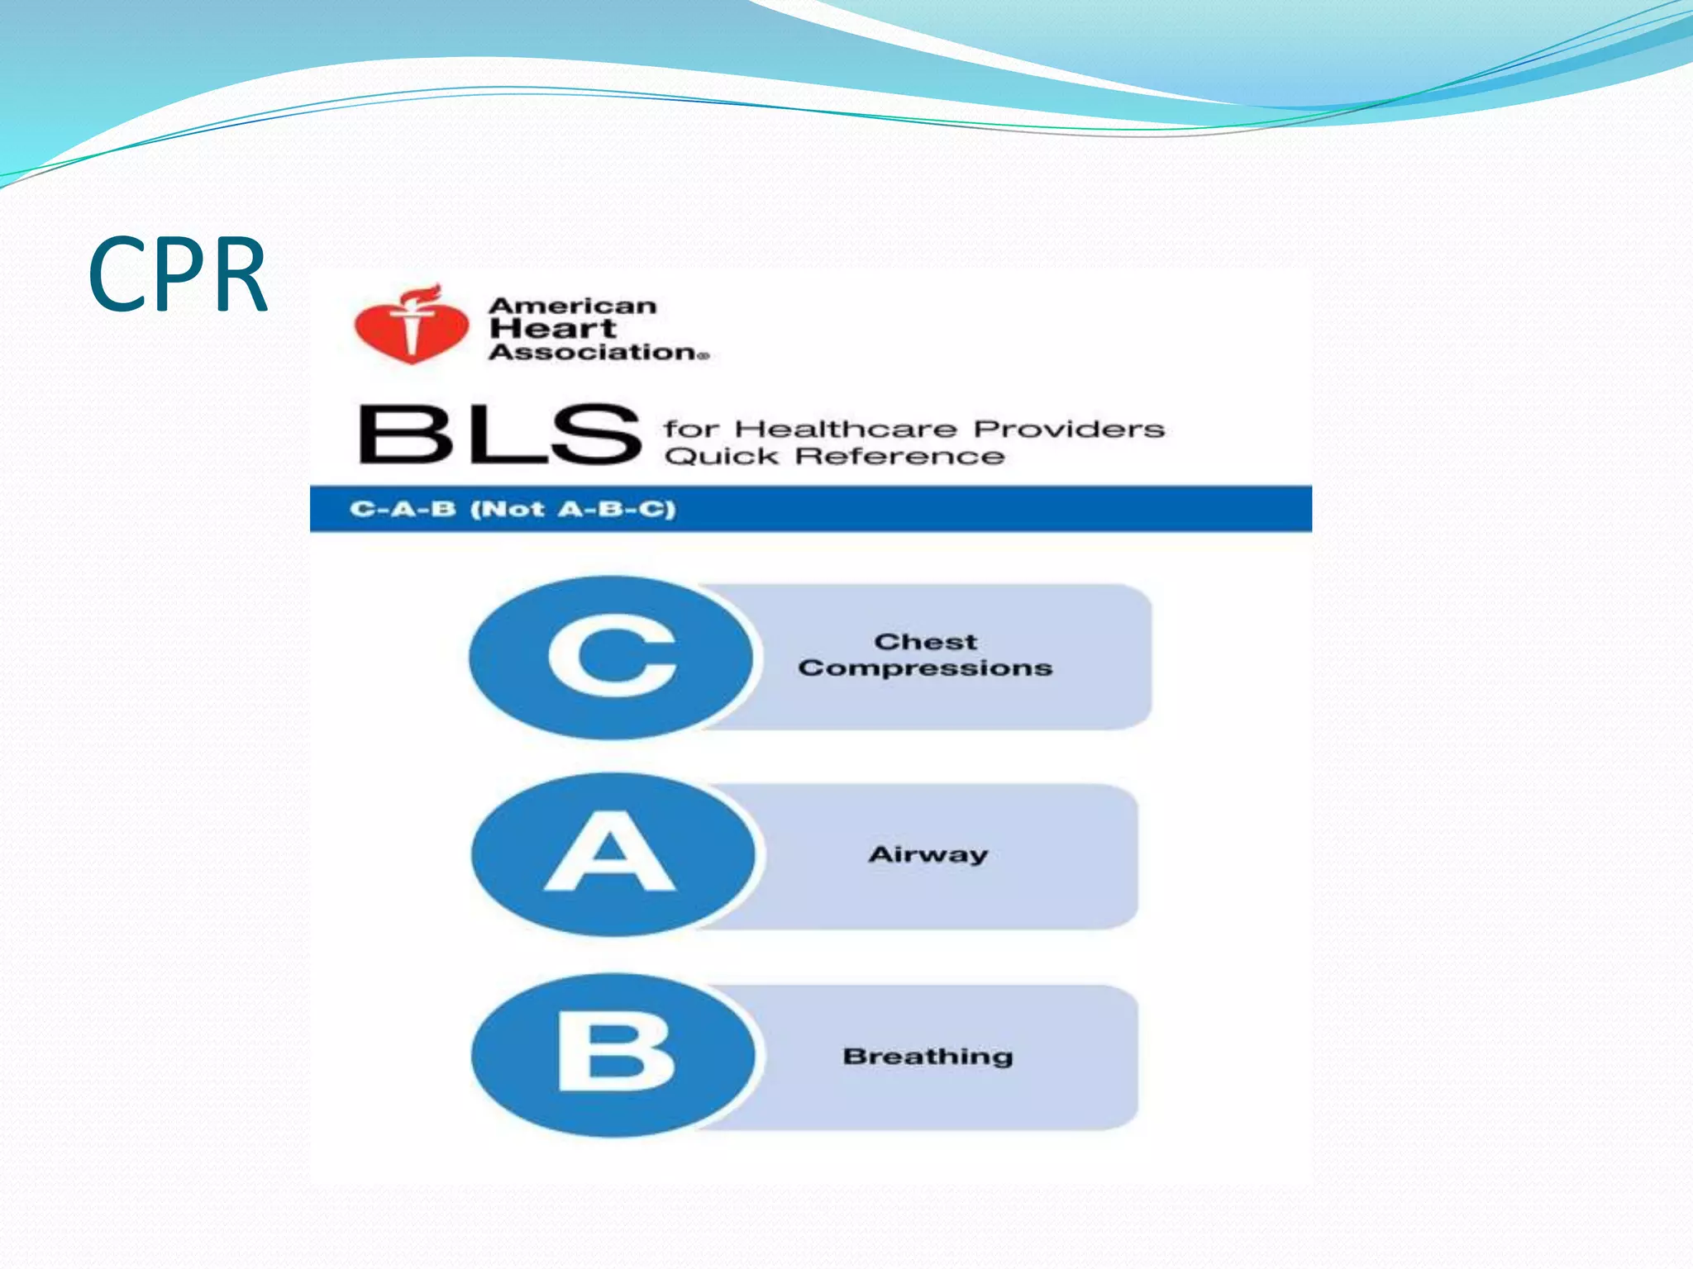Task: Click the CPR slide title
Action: click(x=178, y=275)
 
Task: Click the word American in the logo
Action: click(x=573, y=307)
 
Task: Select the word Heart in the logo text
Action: click(x=553, y=329)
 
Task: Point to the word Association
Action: click(x=595, y=353)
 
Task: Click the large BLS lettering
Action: click(x=499, y=435)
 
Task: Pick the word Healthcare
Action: click(x=846, y=430)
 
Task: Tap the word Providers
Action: click(x=1069, y=430)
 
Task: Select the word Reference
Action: click(x=903, y=457)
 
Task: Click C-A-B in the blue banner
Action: click(x=403, y=509)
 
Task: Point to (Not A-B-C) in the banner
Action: click(x=573, y=509)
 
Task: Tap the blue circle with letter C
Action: click(x=612, y=658)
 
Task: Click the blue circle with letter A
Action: click(x=612, y=854)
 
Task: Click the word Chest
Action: click(x=926, y=642)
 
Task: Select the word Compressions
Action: click(x=926, y=668)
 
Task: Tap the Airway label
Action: click(x=928, y=854)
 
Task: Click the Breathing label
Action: click(x=928, y=1057)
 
